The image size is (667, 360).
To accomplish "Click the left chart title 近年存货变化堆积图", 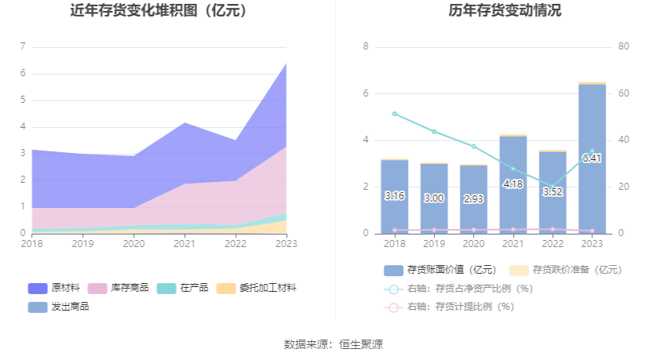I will click(159, 11).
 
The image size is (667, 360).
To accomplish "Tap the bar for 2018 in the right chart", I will click(394, 196).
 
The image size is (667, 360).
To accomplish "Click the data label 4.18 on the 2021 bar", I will click(512, 184).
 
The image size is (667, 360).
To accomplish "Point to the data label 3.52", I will click(552, 192).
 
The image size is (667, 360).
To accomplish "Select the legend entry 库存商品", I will click(118, 288).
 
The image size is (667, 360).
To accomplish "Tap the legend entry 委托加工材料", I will click(256, 288).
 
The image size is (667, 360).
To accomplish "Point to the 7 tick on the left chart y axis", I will click(23, 47).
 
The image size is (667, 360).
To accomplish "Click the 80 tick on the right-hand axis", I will click(623, 47).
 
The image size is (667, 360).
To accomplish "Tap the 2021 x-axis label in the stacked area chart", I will click(184, 245).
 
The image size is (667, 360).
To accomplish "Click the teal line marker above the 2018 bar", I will click(394, 114).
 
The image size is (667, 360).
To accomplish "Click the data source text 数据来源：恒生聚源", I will click(333, 344).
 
